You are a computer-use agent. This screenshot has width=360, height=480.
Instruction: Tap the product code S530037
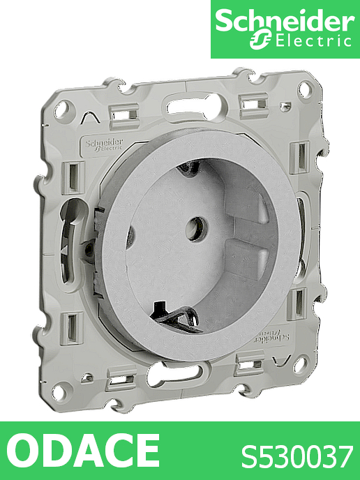(x=297, y=457)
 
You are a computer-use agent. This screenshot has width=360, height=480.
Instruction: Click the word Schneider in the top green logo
(x=285, y=21)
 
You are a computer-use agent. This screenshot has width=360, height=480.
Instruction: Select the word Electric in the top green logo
(x=313, y=42)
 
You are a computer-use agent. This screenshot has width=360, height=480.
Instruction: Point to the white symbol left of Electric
(x=260, y=40)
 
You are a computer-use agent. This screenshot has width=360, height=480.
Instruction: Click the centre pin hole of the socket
(x=197, y=228)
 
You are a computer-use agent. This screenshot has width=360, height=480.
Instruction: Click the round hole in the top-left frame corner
(x=63, y=110)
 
